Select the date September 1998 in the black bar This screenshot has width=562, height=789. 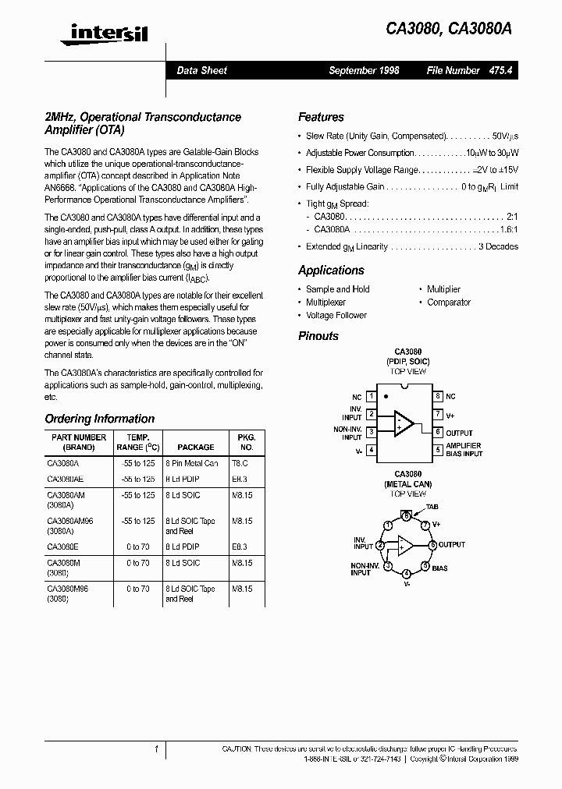pos(364,70)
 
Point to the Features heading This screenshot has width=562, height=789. pos(321,117)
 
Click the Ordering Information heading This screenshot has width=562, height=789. pos(99,419)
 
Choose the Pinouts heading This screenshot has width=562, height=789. pos(318,336)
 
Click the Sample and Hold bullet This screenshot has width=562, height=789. pos(337,289)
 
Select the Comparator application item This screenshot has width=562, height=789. pos(449,303)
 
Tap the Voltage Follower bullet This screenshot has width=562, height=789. pos(336,316)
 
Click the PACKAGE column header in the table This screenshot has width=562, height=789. pos(195,448)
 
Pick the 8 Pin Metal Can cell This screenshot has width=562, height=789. pos(191,463)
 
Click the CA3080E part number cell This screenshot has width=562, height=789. pos(63,548)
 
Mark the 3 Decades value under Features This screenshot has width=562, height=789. pos(497,246)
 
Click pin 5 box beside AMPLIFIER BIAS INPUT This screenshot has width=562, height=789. pos(439,450)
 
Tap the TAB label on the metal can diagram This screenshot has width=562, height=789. pos(432,507)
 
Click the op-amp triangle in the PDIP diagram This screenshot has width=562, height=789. pos(404,423)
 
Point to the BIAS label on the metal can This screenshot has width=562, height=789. pos(439,568)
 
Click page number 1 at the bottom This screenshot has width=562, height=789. pos(157,749)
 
